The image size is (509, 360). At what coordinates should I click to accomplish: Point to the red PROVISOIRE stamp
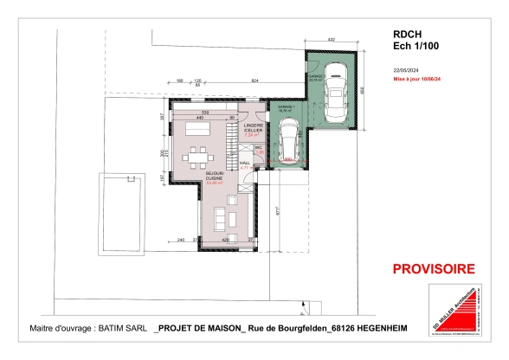pos(434,268)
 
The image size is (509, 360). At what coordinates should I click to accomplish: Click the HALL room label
pos(245,162)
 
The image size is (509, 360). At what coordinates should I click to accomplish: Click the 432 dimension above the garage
pos(330,40)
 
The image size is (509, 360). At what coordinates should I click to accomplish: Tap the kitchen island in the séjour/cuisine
pos(195,126)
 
